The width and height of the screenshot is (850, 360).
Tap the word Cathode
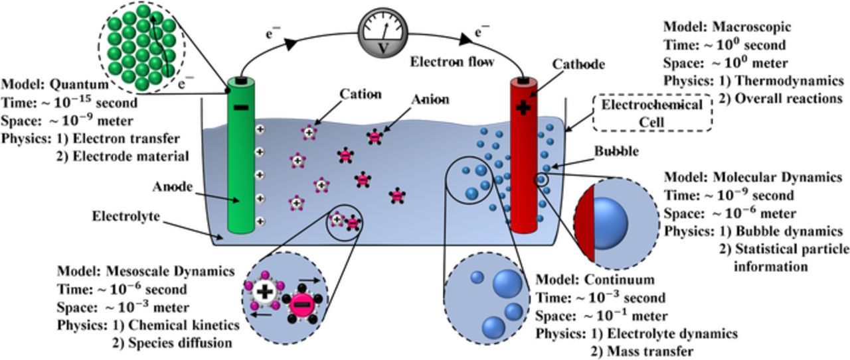pos(578,64)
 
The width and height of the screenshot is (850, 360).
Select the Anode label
pos(173,187)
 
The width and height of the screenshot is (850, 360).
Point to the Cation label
pos(360,94)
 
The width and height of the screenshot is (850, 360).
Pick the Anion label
pos(430,99)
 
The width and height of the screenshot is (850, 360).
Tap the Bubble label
pos(616,151)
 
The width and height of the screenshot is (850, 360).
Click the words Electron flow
pos(452,62)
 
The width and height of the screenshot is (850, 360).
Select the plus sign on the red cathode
pos(524,107)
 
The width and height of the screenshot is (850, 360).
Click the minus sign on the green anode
pos(240,107)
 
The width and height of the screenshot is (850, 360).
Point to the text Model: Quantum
pos(54,85)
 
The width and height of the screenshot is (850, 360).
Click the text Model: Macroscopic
pos(726,27)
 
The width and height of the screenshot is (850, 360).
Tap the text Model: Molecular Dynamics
pos(752,178)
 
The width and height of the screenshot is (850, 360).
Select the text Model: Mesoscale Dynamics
pos(145,271)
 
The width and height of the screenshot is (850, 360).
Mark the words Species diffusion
pos(178,343)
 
